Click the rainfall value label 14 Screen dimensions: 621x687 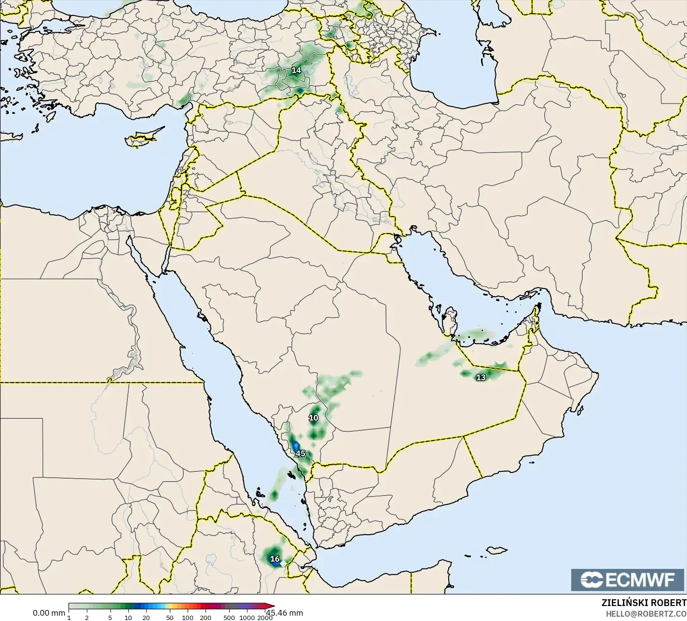[296, 70]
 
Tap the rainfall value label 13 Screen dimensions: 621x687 [481, 377]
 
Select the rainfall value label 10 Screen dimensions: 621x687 [314, 418]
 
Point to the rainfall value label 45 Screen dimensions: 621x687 [301, 454]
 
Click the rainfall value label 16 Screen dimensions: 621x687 [275, 559]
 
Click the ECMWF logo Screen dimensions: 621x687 [628, 580]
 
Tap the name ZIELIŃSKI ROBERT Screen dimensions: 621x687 [644, 603]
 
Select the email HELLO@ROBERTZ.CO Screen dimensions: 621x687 [646, 614]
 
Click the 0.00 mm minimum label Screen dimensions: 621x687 [49, 613]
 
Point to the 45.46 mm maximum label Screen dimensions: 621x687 [285, 613]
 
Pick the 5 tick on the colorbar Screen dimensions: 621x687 [110, 618]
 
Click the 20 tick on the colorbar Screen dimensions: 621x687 [146, 618]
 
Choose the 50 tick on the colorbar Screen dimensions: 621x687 [169, 618]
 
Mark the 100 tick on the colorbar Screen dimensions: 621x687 [188, 618]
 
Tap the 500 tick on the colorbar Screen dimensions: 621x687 [229, 618]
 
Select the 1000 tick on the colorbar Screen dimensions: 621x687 [247, 618]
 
